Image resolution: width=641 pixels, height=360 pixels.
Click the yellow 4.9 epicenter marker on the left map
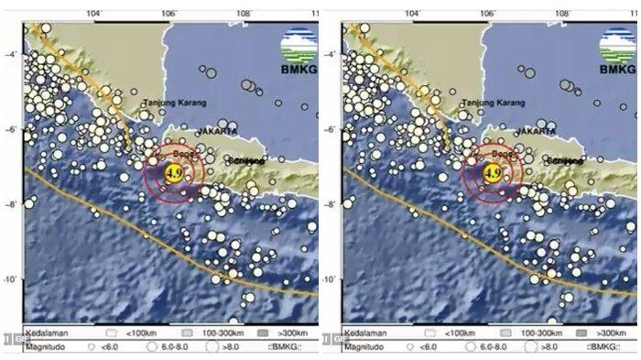point(172,171)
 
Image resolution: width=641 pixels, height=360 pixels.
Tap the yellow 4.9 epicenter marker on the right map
point(492,171)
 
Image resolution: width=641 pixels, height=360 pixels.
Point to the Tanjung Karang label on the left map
point(174,103)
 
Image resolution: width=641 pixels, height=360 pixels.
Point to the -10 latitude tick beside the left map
point(10,278)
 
